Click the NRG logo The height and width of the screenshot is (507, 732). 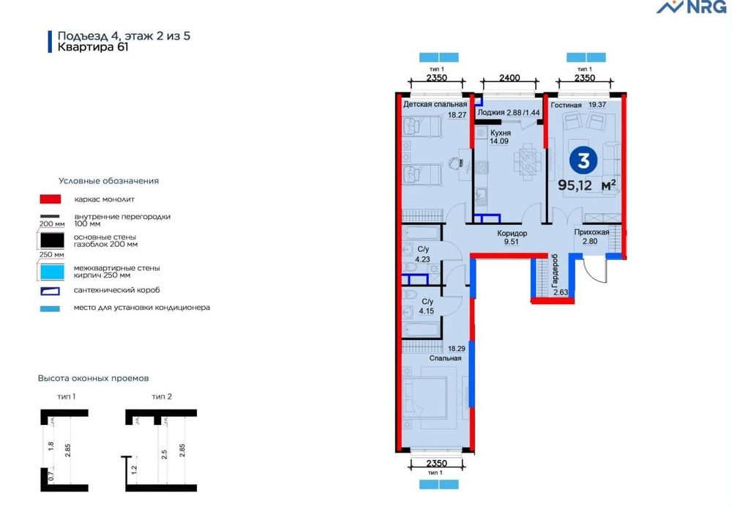click(692, 7)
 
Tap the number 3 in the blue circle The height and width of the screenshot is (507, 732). click(583, 160)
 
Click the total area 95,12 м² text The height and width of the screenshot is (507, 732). click(587, 185)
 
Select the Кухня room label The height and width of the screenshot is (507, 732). click(501, 133)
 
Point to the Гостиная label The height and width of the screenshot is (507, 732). click(567, 106)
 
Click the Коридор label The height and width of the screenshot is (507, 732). click(512, 233)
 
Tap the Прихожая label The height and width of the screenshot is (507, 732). click(591, 232)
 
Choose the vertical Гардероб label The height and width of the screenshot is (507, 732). click(555, 270)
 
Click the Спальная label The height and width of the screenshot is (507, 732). click(445, 358)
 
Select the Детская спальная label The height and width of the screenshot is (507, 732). click(435, 104)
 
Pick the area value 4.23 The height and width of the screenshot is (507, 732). click(422, 259)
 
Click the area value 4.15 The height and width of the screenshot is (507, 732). click(426, 311)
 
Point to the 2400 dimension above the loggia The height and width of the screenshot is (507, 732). click(509, 78)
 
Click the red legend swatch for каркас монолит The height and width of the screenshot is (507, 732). click(51, 199)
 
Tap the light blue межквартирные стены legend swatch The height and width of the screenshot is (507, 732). click(52, 272)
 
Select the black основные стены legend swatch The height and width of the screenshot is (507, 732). click(52, 240)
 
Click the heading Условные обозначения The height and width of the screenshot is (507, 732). click(109, 181)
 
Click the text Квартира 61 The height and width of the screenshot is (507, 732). click(93, 47)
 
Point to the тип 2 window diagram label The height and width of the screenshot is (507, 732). click(162, 396)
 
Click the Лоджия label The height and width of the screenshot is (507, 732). click(491, 113)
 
